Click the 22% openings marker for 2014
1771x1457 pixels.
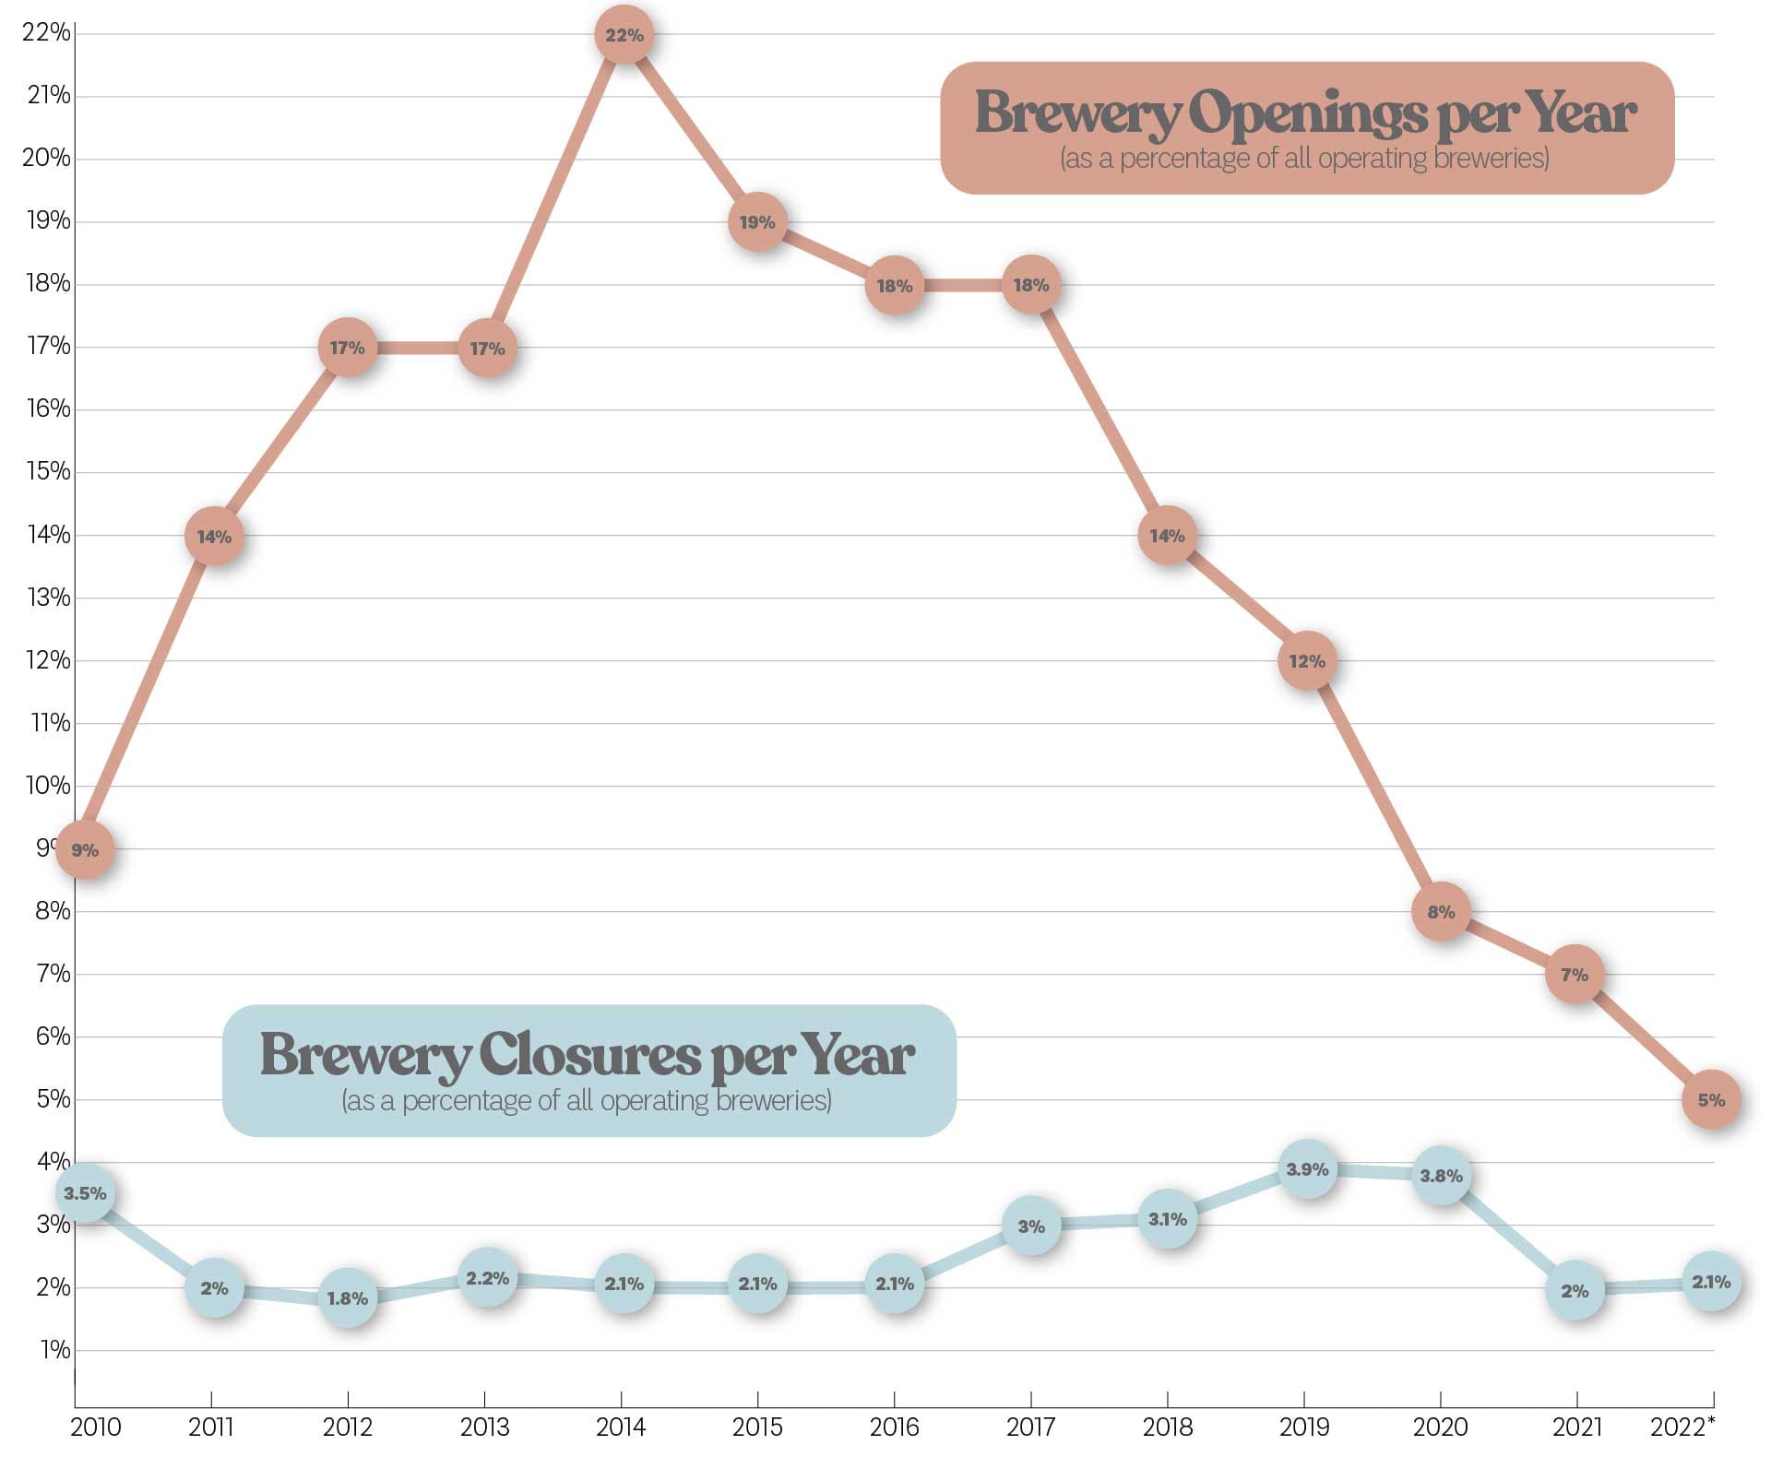(624, 35)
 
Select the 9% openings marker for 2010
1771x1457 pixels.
(85, 849)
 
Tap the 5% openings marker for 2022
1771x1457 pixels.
(1711, 1099)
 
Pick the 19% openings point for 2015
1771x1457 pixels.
(757, 222)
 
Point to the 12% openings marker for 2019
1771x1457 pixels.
(1307, 661)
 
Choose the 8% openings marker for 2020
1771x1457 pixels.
(1441, 912)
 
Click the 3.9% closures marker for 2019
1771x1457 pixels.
(1307, 1169)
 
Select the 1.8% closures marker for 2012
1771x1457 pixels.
(348, 1298)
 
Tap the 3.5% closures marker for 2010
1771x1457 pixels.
(85, 1193)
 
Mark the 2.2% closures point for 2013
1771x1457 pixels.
(487, 1278)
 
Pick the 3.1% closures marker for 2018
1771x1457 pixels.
(1168, 1219)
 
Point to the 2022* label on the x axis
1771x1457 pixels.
(1682, 1427)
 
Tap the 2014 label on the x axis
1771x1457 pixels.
(621, 1427)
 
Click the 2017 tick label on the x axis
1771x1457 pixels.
(1030, 1427)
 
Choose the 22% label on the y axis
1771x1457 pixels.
(46, 33)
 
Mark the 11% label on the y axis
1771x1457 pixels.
(48, 723)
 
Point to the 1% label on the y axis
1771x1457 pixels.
(54, 1350)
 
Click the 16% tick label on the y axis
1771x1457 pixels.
(47, 409)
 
